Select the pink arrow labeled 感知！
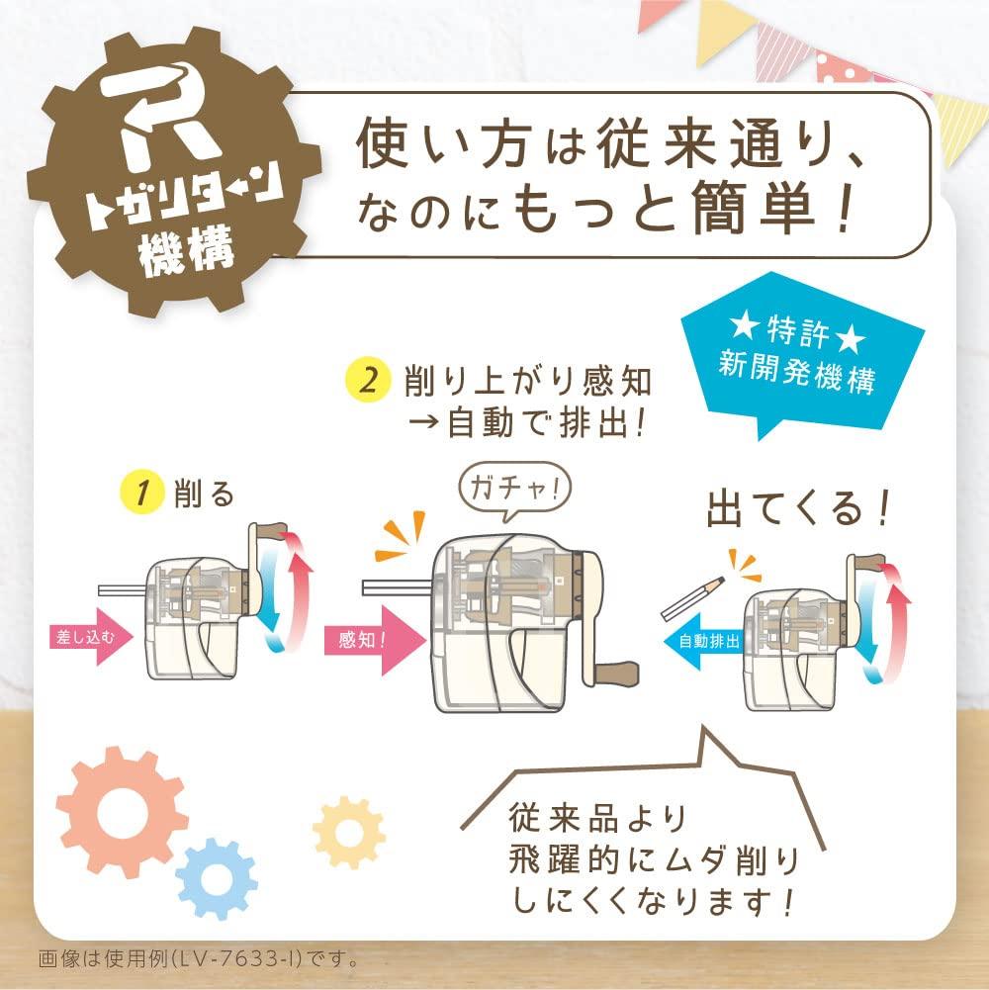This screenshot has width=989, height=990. point(365,639)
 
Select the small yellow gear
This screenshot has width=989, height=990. point(348,832)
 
